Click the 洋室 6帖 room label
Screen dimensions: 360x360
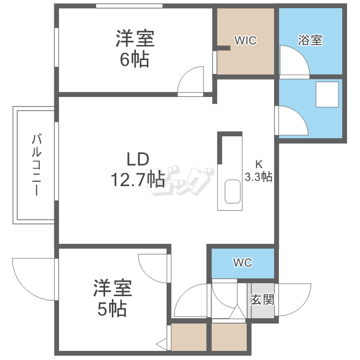point(135,48)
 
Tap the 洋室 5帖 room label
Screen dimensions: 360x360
point(112,298)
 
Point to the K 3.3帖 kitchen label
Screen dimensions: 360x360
point(259,170)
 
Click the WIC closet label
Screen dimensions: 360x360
point(245,41)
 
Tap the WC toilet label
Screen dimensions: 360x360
point(242,263)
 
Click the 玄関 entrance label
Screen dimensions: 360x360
point(262,300)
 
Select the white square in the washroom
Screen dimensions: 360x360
point(327,94)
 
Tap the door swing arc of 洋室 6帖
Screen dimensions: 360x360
point(192,79)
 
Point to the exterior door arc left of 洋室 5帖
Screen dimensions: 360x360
point(32,276)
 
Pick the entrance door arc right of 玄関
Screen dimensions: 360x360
point(293,300)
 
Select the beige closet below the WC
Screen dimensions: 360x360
point(228,338)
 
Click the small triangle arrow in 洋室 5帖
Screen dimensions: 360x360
point(162,344)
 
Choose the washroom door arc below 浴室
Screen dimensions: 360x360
point(293,120)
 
